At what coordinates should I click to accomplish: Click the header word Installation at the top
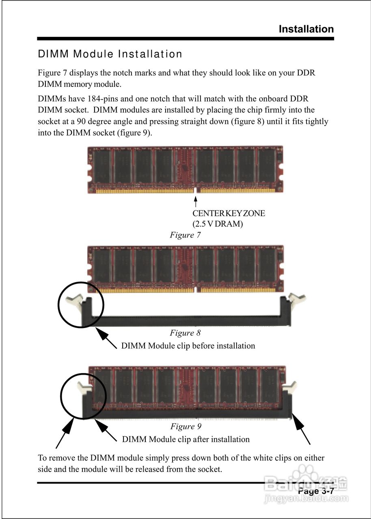[x=306, y=29]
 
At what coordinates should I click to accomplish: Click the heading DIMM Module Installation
[x=110, y=54]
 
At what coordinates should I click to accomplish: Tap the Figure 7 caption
[x=185, y=235]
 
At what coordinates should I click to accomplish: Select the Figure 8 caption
[x=185, y=333]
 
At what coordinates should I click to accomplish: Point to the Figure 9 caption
[x=185, y=426]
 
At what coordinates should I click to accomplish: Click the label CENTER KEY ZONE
[x=229, y=213]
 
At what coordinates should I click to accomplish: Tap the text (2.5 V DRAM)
[x=218, y=223]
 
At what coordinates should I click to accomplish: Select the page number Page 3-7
[x=316, y=491]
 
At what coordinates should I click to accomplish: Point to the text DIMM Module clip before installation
[x=188, y=346]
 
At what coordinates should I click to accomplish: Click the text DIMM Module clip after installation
[x=185, y=439]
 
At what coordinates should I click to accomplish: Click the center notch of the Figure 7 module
[x=197, y=190]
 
